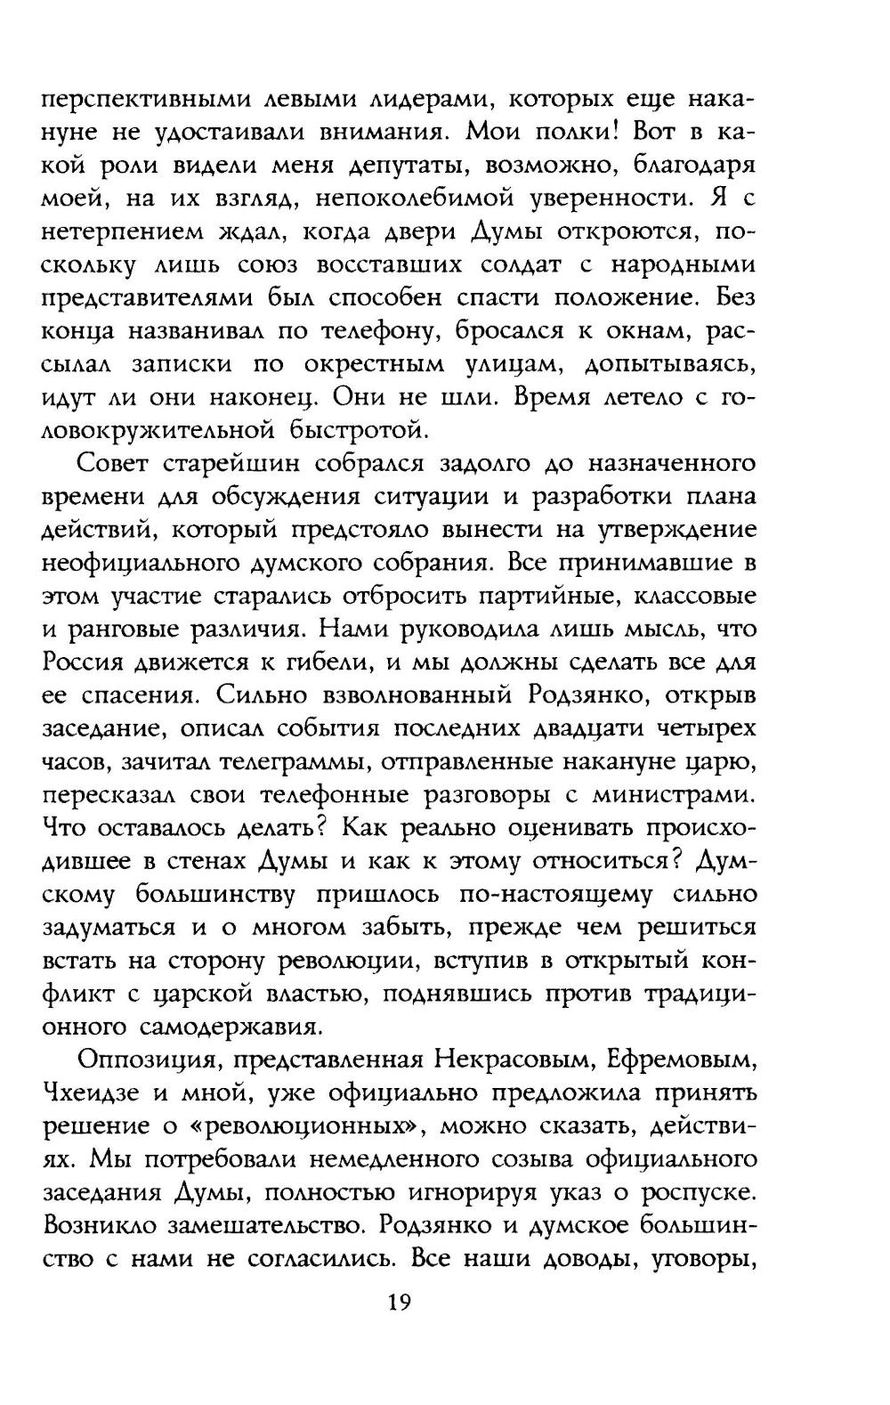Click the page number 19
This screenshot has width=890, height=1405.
tap(398, 1303)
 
